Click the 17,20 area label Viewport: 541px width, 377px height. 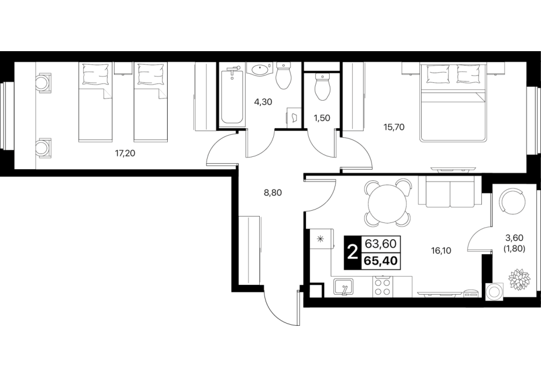coord(125,153)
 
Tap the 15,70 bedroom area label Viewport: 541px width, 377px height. coord(394,127)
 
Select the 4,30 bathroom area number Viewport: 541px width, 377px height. coord(262,102)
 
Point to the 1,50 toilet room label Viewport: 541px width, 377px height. coord(322,118)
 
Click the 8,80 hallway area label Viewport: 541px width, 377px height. coord(273,192)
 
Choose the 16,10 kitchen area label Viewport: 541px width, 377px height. coord(442,250)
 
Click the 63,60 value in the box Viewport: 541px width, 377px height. coord(381,244)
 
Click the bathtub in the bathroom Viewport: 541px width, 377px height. coord(232,96)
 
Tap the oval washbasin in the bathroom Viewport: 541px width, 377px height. coord(261,69)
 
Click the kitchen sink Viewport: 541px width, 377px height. coord(343,287)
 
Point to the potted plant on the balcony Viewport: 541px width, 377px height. coord(518,278)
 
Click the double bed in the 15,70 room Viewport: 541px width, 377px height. coord(453,103)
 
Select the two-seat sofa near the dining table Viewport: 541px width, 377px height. coord(450,191)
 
